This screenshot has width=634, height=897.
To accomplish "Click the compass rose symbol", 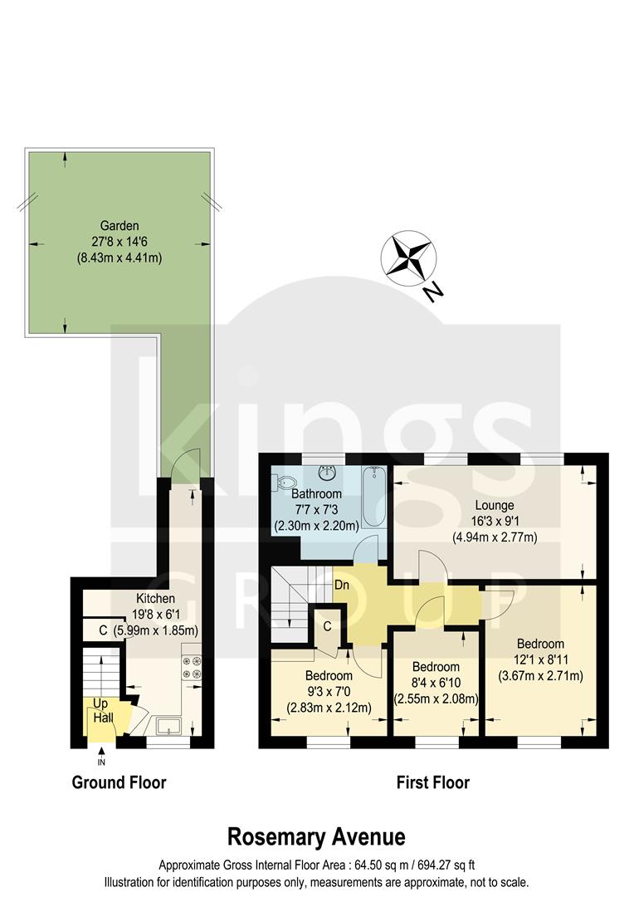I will click(409, 257).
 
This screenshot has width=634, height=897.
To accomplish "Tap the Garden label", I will click(119, 225).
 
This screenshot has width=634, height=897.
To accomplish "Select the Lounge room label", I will click(495, 505).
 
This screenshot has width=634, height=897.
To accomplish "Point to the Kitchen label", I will click(155, 598).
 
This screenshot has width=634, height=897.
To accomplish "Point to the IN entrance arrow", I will click(102, 754).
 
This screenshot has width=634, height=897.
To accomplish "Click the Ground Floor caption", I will click(119, 782).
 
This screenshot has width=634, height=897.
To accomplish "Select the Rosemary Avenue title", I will click(317, 835).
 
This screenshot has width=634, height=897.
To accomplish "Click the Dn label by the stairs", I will click(341, 585).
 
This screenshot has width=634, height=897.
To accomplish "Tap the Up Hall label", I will click(102, 711).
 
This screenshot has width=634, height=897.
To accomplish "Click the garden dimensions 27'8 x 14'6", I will click(119, 242).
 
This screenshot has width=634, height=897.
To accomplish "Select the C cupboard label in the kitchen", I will click(103, 630).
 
